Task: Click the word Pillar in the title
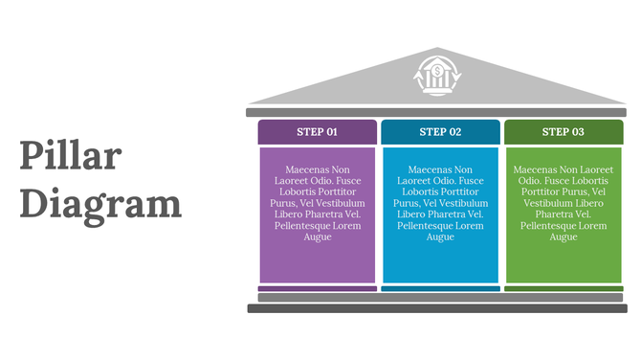point(71,157)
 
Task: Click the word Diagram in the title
point(100,204)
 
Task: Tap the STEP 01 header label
point(318,132)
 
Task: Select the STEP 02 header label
point(440,132)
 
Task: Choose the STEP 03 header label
point(564,132)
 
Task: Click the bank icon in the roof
point(437,75)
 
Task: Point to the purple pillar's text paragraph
point(318,203)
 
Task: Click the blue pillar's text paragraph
point(440,203)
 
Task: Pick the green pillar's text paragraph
point(564,203)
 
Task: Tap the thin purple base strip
point(318,288)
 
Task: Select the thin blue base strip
point(440,288)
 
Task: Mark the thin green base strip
point(564,288)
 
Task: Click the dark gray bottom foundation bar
point(437,308)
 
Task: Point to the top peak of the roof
point(437,50)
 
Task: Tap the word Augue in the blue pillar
point(440,236)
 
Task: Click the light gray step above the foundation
point(437,298)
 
